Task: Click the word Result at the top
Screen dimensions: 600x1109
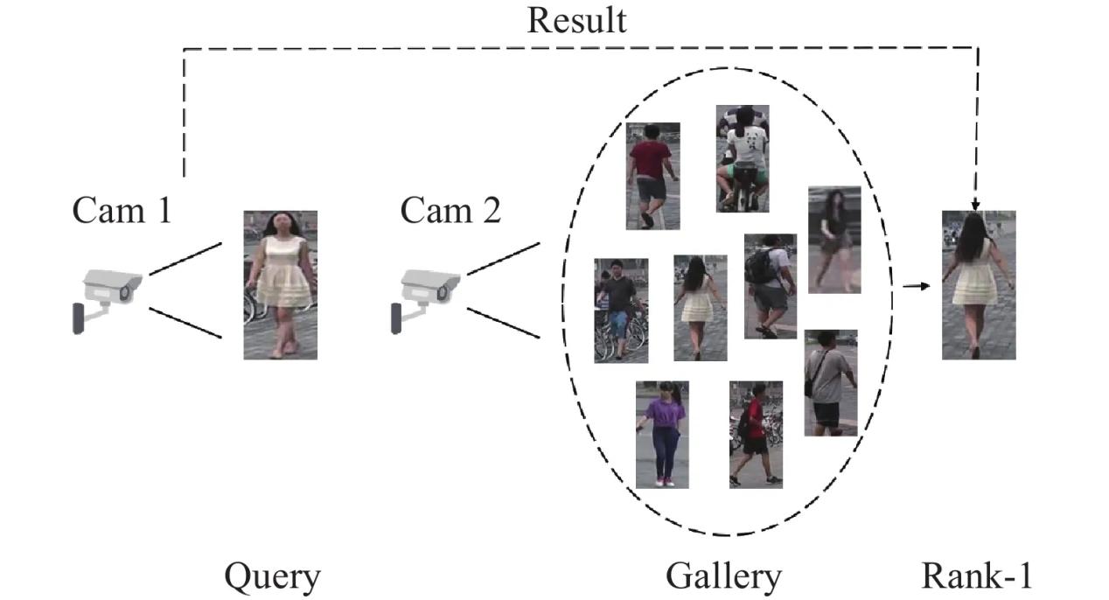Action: click(576, 19)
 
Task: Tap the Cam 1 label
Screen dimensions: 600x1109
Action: click(122, 210)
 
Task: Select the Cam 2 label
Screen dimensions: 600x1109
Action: click(450, 210)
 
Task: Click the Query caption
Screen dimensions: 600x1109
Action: click(272, 576)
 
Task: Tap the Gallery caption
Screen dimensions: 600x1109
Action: click(722, 576)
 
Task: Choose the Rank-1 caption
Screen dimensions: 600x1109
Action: click(976, 576)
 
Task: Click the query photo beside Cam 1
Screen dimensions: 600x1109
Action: click(280, 284)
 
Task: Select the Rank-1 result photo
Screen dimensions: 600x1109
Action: click(978, 284)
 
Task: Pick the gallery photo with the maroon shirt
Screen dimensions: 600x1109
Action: click(652, 176)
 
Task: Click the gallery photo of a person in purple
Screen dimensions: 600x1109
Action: click(662, 434)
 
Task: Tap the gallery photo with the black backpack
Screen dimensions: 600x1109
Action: click(770, 286)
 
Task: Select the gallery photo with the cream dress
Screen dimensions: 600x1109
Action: click(700, 308)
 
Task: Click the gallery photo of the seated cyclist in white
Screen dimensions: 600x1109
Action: click(743, 158)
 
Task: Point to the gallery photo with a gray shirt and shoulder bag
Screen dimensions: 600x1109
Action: click(830, 382)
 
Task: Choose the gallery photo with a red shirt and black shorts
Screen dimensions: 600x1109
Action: click(756, 434)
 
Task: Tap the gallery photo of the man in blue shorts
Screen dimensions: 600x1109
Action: click(621, 310)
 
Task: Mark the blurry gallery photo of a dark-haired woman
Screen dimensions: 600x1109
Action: click(833, 239)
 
